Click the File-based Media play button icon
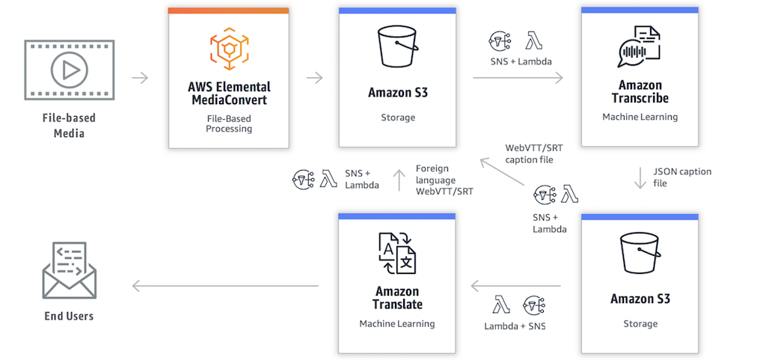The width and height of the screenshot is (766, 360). (69, 70)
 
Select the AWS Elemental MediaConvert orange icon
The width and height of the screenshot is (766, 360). (228, 48)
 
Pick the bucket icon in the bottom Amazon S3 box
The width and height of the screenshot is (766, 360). (640, 254)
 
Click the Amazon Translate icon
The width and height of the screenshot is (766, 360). (396, 253)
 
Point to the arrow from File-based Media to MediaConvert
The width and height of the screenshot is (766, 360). (140, 78)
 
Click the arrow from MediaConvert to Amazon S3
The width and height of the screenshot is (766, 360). (314, 78)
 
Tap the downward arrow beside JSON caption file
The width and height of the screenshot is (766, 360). (640, 177)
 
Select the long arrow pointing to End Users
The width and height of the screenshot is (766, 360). (225, 285)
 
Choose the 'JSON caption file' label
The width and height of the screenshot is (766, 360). (681, 177)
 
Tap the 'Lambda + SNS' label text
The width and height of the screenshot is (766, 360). (515, 326)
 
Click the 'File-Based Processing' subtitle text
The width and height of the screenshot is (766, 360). (228, 123)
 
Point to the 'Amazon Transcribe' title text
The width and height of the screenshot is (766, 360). (640, 92)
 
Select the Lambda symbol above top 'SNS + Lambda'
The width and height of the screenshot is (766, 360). (534, 40)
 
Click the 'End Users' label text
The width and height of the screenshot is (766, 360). (69, 316)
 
